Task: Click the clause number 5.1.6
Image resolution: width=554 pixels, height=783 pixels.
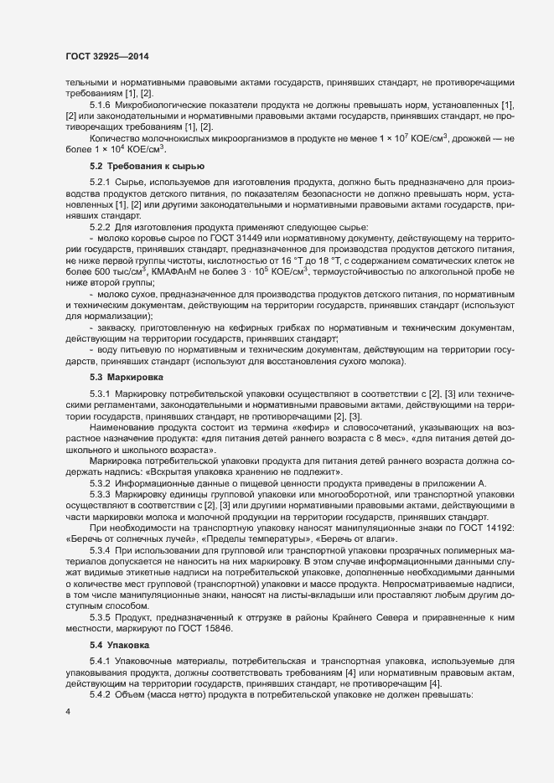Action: click(100, 105)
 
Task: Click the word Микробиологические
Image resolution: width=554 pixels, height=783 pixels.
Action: click(158, 105)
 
